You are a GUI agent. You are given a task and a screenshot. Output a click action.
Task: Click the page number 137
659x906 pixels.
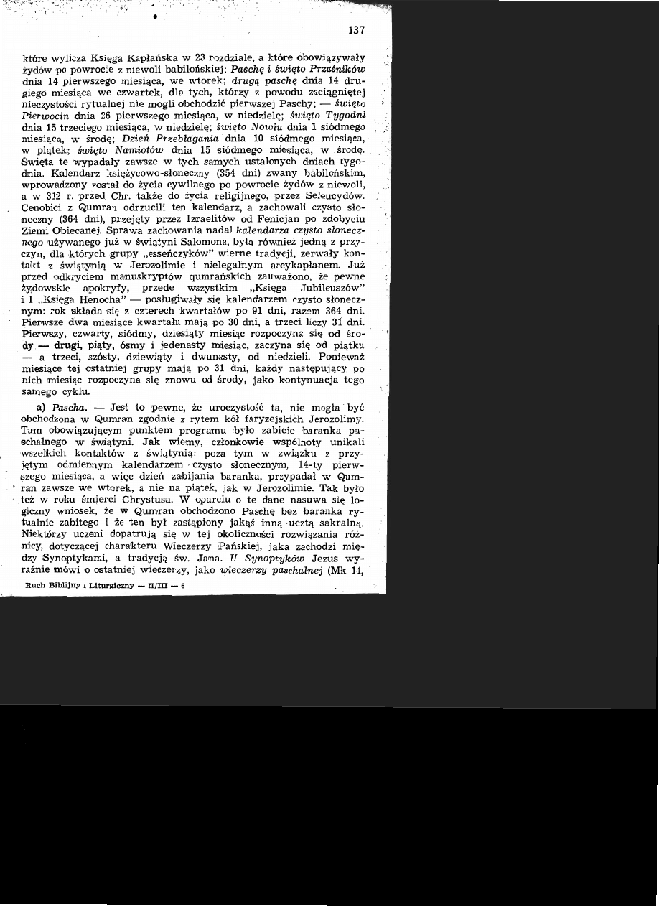click(x=356, y=30)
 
